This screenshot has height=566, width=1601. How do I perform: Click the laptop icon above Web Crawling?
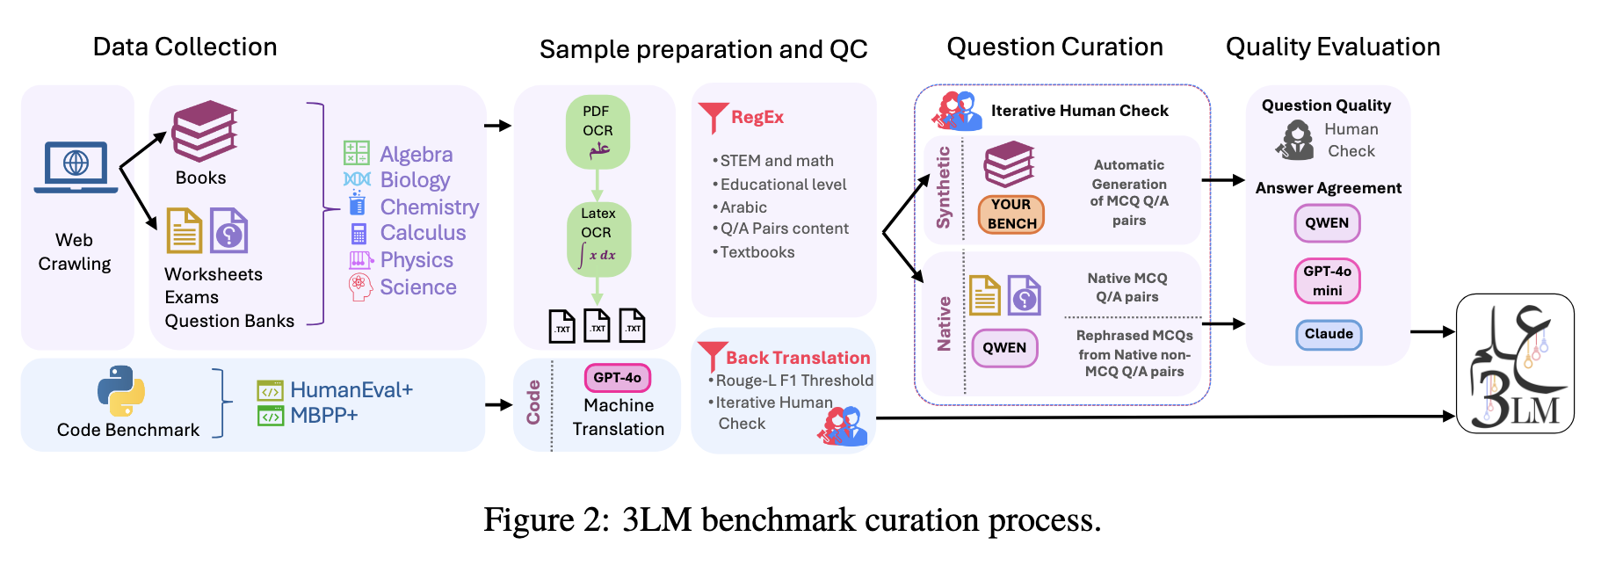(x=76, y=167)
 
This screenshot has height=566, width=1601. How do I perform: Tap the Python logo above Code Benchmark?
(x=121, y=391)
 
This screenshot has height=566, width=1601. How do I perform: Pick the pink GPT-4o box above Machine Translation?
(x=617, y=378)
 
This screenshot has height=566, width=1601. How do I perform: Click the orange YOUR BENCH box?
(x=1011, y=214)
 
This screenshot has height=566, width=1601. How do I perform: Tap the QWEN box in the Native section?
(x=1004, y=348)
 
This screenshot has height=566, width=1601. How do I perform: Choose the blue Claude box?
(x=1329, y=334)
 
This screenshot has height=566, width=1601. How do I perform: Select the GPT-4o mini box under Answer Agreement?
(x=1327, y=280)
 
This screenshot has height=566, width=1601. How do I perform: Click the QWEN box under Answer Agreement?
(x=1327, y=223)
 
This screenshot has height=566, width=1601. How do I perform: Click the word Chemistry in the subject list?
(x=430, y=207)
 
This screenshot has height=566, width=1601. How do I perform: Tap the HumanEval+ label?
(x=351, y=389)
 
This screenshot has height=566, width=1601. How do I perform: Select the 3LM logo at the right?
(x=1515, y=364)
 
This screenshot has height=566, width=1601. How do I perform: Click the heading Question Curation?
(x=1054, y=47)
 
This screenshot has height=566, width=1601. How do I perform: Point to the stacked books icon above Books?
(x=205, y=131)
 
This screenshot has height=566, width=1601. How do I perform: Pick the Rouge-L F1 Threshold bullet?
(x=793, y=381)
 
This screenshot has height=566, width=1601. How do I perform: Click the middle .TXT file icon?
(x=598, y=326)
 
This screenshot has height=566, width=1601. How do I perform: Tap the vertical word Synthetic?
(x=944, y=187)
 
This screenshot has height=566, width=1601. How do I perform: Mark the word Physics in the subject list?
(x=417, y=260)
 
